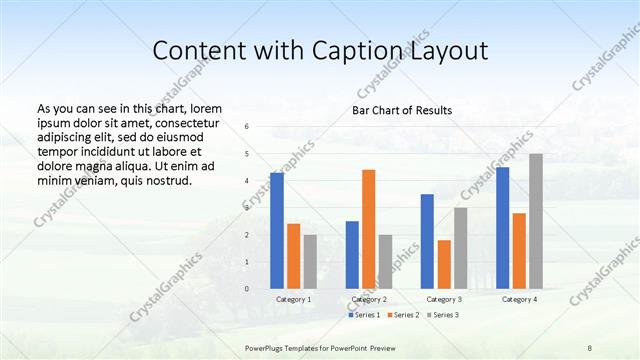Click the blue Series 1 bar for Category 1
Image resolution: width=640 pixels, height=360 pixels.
[x=277, y=231]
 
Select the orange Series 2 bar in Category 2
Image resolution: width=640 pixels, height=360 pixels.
[x=369, y=229]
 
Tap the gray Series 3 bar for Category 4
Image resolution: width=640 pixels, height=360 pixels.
[x=536, y=221]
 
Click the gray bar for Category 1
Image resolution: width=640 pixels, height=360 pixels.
[x=310, y=262]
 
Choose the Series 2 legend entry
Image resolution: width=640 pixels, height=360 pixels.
[x=402, y=315]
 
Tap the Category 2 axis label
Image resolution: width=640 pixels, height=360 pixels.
[x=369, y=300]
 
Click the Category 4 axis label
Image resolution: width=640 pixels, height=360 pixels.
[x=519, y=300]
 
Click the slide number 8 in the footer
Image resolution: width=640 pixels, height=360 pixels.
[x=590, y=347]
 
